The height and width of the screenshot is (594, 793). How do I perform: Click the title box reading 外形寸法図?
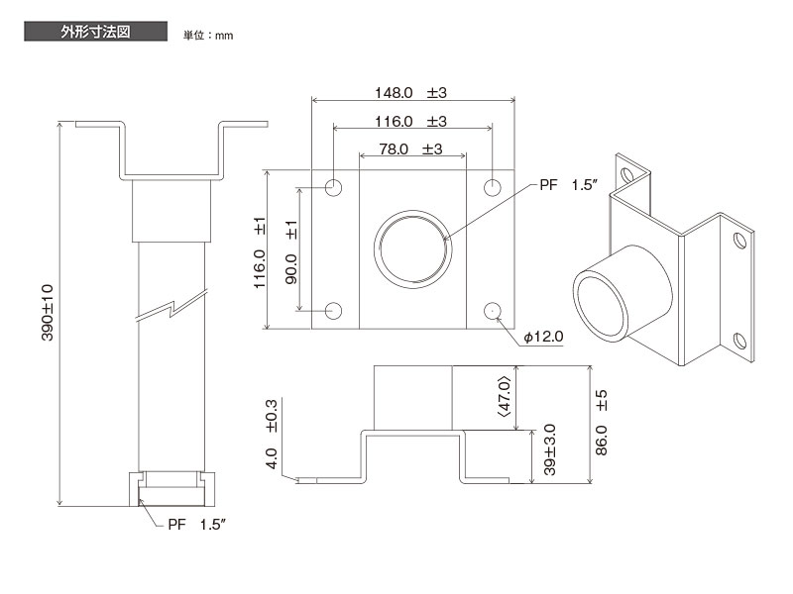[x=95, y=32]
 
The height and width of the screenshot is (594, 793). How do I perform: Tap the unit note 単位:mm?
[x=207, y=36]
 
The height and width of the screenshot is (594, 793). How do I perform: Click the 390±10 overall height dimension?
[x=47, y=313]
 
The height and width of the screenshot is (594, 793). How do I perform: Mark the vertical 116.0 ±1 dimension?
[x=260, y=251]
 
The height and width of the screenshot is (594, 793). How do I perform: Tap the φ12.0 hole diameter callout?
[x=543, y=337]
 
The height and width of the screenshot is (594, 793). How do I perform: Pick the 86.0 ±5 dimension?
[x=602, y=421]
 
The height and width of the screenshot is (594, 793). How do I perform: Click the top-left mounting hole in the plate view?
[x=334, y=187]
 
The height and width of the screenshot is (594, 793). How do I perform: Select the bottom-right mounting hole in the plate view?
[x=493, y=311]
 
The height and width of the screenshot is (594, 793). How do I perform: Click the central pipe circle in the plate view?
[x=413, y=249]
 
